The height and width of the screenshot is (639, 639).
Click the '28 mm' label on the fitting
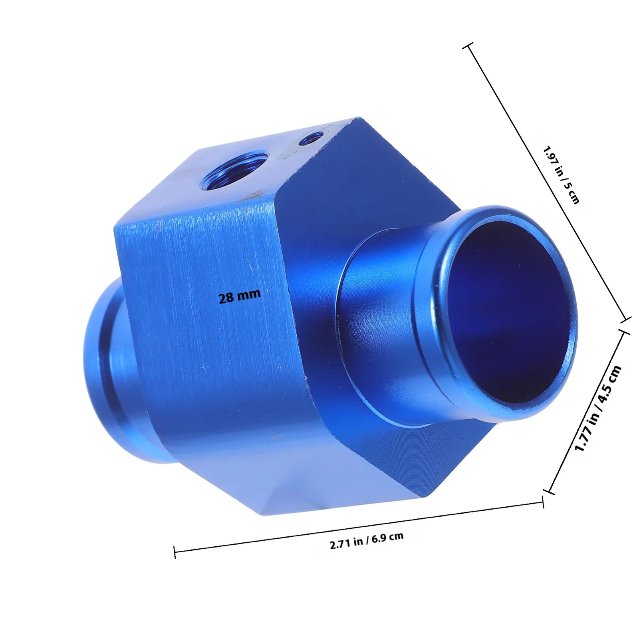point(239,296)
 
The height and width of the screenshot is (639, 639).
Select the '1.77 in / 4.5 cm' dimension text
point(598,408)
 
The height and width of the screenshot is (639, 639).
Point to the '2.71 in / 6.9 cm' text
point(367,540)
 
